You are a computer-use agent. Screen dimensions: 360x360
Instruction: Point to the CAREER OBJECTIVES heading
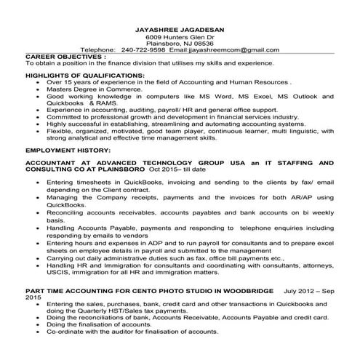coord(65,56)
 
